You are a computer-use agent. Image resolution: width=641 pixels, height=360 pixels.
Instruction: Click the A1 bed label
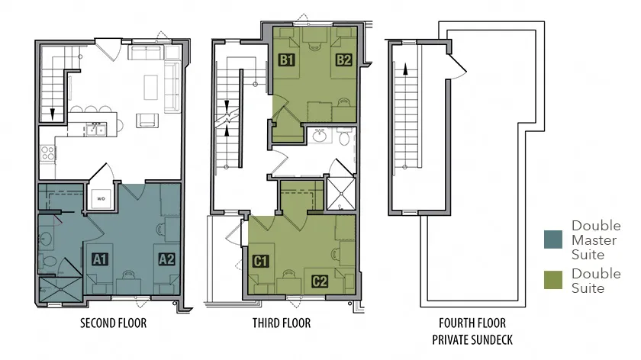tap(100, 259)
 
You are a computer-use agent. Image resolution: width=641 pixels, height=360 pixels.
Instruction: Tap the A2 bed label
tap(167, 259)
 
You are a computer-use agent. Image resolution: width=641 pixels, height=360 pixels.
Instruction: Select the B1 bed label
tap(287, 60)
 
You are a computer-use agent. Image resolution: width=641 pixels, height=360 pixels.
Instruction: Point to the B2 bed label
tap(344, 60)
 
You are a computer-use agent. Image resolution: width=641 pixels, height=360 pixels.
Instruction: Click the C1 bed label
tap(261, 261)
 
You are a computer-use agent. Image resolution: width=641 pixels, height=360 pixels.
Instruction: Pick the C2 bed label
tap(320, 281)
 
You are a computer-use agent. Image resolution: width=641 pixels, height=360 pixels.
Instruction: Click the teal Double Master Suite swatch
tap(553, 239)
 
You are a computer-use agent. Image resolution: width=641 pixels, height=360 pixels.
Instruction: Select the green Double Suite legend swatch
tap(553, 280)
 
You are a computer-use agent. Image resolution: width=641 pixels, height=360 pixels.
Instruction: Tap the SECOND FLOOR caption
tap(113, 323)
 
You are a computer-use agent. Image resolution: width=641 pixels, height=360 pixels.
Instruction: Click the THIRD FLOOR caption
tap(282, 323)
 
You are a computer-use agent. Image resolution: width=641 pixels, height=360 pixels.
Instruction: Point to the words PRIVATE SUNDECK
tap(472, 339)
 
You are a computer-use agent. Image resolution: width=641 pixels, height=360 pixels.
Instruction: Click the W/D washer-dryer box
tap(101, 199)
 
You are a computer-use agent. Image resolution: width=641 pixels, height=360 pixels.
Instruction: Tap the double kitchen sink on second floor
tap(96, 130)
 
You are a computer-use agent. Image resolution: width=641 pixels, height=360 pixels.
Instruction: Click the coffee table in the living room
tap(151, 87)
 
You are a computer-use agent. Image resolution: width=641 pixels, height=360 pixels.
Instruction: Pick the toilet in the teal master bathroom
tap(48, 261)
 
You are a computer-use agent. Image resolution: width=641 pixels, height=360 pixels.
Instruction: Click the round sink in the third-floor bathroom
tap(320, 136)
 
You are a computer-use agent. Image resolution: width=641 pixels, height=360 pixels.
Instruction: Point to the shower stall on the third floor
tap(341, 194)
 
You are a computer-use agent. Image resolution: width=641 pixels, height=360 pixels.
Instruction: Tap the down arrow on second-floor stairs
tap(53, 114)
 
